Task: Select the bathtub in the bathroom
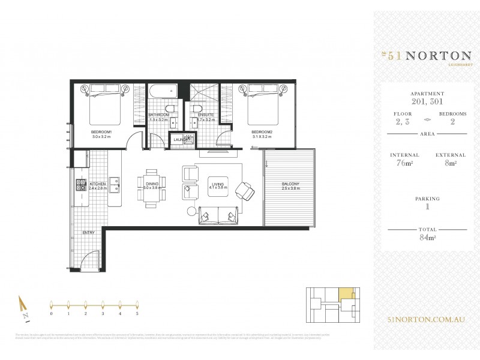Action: click(x=162, y=92)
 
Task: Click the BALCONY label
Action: click(x=290, y=184)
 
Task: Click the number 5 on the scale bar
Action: click(x=137, y=313)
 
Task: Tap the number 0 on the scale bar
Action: click(x=52, y=313)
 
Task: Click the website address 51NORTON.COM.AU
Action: click(x=427, y=322)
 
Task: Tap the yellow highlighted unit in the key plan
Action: click(x=346, y=294)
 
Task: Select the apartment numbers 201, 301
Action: click(x=427, y=101)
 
